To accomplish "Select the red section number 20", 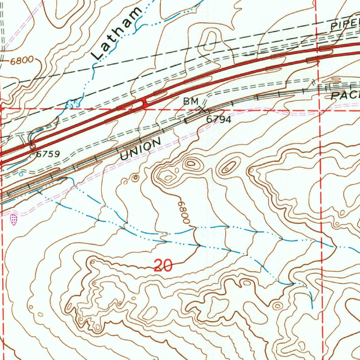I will [163, 265].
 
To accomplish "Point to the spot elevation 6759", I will [47, 154].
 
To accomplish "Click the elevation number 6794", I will [218, 120].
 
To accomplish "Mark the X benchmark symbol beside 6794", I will [202, 110].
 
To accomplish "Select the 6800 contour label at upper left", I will [21, 61].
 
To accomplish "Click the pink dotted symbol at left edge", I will [13, 220].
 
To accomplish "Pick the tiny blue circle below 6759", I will [21, 174].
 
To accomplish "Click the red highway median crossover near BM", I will [144, 102].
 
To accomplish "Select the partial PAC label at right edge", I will [346, 95].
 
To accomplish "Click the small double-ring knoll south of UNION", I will [135, 178].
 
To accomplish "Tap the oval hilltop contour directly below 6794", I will [191, 163].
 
